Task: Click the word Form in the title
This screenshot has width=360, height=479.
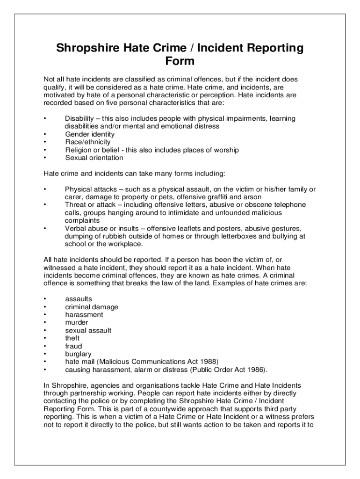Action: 180,61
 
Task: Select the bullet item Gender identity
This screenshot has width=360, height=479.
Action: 89,134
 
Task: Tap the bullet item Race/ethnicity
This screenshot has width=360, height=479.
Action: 88,142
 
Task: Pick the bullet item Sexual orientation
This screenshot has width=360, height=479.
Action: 94,158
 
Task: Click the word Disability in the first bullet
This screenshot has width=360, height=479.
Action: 79,119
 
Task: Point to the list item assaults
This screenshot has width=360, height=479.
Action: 79,299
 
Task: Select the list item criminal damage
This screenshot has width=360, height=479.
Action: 92,307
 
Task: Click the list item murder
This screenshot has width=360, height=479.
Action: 77,323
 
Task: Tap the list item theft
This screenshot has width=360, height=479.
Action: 72,338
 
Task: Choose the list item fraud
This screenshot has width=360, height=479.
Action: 73,346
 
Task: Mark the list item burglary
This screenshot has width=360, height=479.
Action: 78,354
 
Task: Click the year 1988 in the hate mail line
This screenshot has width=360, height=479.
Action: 209,362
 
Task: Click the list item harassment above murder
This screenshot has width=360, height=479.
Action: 84,315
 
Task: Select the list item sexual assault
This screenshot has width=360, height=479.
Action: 88,331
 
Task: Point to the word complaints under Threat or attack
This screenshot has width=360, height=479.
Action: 82,220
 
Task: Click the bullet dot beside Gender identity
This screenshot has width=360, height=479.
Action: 44,135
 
